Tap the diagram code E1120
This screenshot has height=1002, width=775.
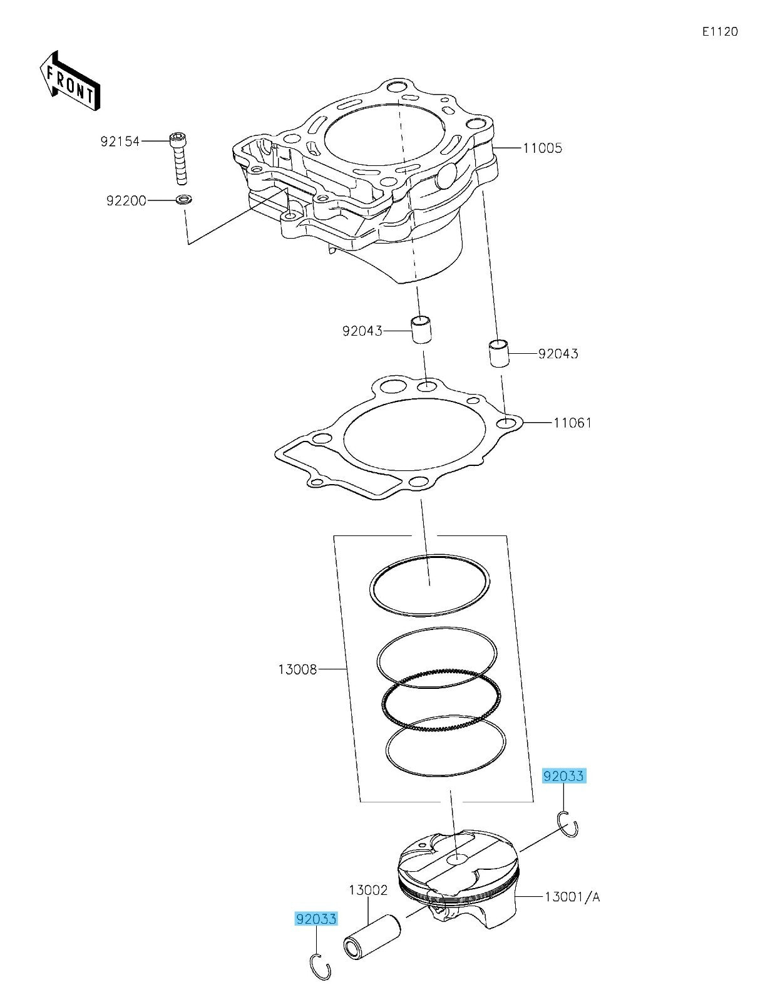[x=719, y=31]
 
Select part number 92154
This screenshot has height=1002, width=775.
[x=120, y=142]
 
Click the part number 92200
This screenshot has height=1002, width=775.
[x=126, y=201]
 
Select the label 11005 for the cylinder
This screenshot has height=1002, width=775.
[x=542, y=148]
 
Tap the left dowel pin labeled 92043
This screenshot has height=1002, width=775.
[x=423, y=329]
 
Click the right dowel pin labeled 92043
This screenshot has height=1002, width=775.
[x=499, y=354]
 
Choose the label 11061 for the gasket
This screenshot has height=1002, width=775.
[x=572, y=423]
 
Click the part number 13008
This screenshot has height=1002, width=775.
[x=297, y=669]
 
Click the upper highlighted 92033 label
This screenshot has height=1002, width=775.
[x=563, y=777]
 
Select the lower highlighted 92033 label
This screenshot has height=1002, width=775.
[x=316, y=919]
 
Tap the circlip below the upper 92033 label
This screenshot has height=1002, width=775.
[x=567, y=824]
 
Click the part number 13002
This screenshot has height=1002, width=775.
[x=368, y=890]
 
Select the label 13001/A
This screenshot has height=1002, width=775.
[x=572, y=897]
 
